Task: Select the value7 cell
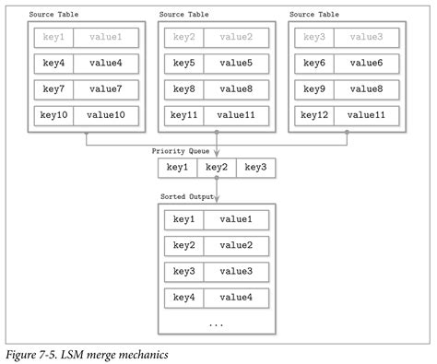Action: pyautogui.click(x=106, y=90)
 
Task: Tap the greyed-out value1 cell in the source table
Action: pyautogui.click(x=106, y=38)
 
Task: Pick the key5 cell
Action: pyautogui.click(x=184, y=65)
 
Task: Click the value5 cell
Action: pyautogui.click(x=237, y=65)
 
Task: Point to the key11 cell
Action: pyautogui.click(x=184, y=116)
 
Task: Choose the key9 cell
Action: pyautogui.click(x=314, y=90)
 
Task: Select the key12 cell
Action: pyautogui.click(x=314, y=116)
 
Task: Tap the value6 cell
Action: pyautogui.click(x=367, y=65)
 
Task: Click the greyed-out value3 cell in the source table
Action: pyautogui.click(x=367, y=38)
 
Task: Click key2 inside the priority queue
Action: pyautogui.click(x=217, y=168)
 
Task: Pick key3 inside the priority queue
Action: pyautogui.click(x=256, y=168)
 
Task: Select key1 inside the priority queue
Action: pyautogui.click(x=177, y=168)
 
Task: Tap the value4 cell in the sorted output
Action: pyautogui.click(x=236, y=298)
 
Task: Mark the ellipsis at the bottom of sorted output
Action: pyautogui.click(x=217, y=323)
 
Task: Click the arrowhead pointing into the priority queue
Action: pyautogui.click(x=217, y=155)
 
